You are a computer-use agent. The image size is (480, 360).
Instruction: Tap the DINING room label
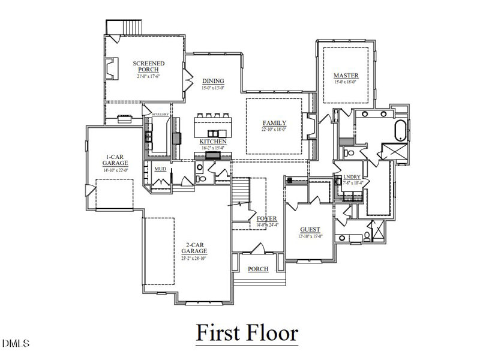coord(212,81)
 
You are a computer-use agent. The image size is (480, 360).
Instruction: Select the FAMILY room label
coord(274,123)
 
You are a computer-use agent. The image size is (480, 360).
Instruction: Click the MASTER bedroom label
coord(346,76)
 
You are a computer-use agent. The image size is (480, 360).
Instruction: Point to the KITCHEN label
coord(213,142)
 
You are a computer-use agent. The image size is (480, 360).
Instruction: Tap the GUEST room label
coord(310,230)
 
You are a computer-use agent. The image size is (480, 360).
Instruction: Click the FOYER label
coord(266,218)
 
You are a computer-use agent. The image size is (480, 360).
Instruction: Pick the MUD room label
coord(160,169)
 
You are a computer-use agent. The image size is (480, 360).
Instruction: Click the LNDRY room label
coord(352,176)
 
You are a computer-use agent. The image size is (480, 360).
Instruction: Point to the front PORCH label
coord(258,269)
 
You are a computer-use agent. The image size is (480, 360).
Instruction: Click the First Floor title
coord(247,332)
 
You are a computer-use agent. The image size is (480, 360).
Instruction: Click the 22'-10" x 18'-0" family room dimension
coord(274,129)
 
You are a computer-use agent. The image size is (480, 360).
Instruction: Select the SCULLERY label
coord(160,114)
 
